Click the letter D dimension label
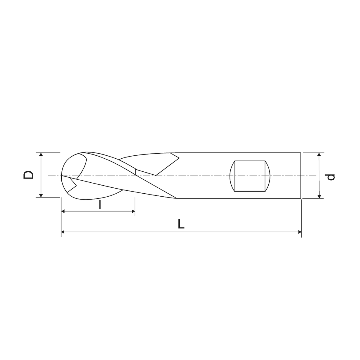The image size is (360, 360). click(x=28, y=175)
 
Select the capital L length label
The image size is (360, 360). click(x=181, y=224)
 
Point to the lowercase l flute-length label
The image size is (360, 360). click(x=100, y=205)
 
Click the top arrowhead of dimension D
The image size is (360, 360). click(x=41, y=154)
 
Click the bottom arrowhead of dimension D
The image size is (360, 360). click(x=41, y=196)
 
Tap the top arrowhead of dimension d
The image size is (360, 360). click(x=319, y=154)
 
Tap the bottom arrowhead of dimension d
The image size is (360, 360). click(x=319, y=197)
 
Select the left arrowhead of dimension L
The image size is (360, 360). click(x=63, y=232)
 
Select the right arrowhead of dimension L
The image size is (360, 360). click(x=300, y=232)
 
